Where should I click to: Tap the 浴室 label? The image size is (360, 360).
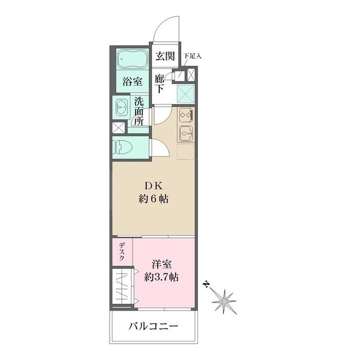pyautogui.click(x=132, y=81)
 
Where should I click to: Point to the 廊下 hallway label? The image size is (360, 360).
pyautogui.click(x=161, y=84)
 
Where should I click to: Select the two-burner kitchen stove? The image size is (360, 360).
pyautogui.click(x=186, y=115)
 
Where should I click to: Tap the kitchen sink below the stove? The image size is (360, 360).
pyautogui.click(x=186, y=134)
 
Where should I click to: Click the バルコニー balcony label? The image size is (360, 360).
pyautogui.click(x=153, y=326)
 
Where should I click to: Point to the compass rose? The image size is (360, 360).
pyautogui.click(x=223, y=299)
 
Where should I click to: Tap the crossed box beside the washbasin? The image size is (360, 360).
pyautogui.click(x=120, y=127)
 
